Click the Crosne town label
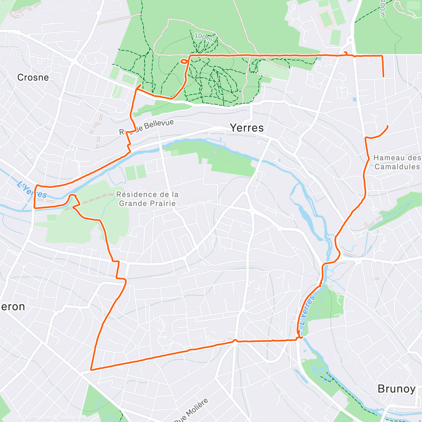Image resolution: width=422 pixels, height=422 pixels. pyautogui.click(x=33, y=77)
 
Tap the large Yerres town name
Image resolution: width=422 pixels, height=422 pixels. pyautogui.click(x=247, y=128)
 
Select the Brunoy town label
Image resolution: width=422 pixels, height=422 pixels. pyautogui.click(x=396, y=389)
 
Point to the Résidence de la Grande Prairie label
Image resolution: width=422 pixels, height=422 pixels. pyautogui.click(x=147, y=199)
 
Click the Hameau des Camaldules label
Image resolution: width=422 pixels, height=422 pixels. pyautogui.click(x=397, y=162)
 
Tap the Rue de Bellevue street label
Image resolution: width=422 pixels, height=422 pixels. pyautogui.click(x=147, y=127)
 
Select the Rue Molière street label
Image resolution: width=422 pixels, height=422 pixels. pyautogui.click(x=191, y=410)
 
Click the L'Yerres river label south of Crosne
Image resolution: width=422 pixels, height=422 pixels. pyautogui.click(x=32, y=190)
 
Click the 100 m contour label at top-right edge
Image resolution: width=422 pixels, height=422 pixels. pyautogui.click(x=383, y=9)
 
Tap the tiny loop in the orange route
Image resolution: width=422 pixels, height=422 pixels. pyautogui.click(x=184, y=62)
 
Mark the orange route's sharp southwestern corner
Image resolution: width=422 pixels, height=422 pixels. pyautogui.click(x=91, y=370)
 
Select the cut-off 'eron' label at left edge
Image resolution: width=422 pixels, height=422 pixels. pyautogui.click(x=13, y=307)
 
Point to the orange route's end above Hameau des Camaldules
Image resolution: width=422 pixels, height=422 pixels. pyautogui.click(x=388, y=126)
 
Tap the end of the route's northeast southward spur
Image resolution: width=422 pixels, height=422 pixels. pyautogui.click(x=383, y=76)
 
